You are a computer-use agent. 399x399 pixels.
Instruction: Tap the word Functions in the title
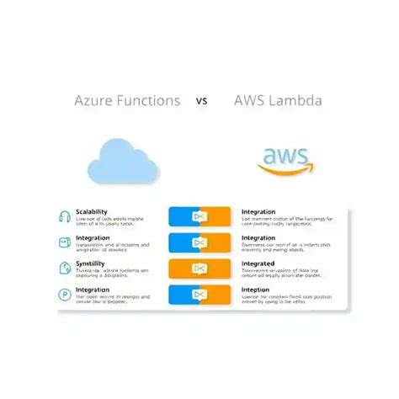149,101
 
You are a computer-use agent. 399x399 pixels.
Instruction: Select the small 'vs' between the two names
202,102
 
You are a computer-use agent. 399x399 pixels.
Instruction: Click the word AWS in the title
251,101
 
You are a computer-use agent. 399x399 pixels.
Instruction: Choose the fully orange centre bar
199,269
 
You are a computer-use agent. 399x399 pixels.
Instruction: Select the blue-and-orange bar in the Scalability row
199,217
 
